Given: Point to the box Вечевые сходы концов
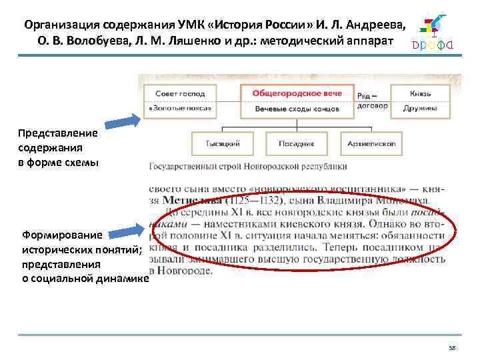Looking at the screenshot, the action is click(297, 108).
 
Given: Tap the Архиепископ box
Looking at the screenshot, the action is click(371, 143).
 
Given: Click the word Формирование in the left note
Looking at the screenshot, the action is click(62, 235).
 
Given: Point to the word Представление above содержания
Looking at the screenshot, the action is click(57, 133).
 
